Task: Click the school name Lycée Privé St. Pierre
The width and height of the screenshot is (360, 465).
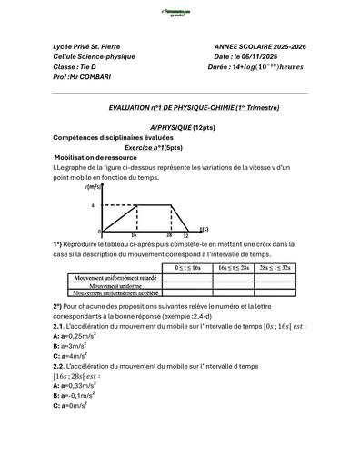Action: click(86, 45)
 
